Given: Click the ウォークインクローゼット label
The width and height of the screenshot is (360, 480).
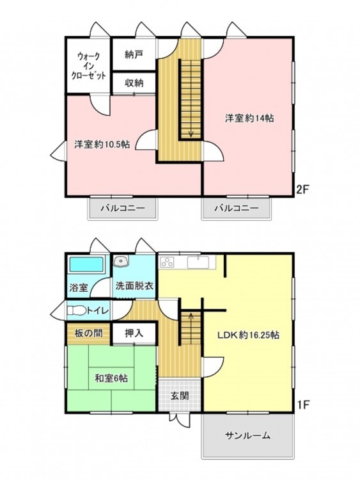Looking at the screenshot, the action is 88,66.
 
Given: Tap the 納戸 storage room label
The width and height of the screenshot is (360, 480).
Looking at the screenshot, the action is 134,54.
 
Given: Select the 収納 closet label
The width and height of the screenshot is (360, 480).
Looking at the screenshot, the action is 134,83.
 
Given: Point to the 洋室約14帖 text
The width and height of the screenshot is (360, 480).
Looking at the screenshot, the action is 249,118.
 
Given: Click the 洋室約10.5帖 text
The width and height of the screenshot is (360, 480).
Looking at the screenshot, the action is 102,144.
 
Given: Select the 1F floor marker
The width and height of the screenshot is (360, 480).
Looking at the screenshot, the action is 304,404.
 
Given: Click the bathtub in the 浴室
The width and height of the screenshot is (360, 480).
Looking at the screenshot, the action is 86,264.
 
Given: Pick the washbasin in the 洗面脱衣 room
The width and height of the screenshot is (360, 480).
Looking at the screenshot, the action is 121,261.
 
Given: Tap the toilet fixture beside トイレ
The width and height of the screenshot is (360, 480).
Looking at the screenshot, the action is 77,310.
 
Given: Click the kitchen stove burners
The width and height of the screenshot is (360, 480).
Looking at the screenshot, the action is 167,262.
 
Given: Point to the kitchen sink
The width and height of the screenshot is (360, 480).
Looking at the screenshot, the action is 198,262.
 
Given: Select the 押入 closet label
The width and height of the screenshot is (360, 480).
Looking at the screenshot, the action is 134,333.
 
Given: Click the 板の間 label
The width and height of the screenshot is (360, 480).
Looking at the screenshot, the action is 88,333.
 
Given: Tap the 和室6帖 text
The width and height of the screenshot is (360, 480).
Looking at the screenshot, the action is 111,378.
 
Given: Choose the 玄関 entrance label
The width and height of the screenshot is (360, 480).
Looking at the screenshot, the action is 180,396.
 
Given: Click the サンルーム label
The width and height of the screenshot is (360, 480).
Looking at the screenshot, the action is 247,435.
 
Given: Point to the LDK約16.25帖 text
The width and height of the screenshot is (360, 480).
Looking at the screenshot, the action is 248,335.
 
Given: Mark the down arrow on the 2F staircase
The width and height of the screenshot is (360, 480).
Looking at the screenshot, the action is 191,133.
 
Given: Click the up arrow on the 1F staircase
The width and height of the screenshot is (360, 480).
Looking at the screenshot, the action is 191,317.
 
